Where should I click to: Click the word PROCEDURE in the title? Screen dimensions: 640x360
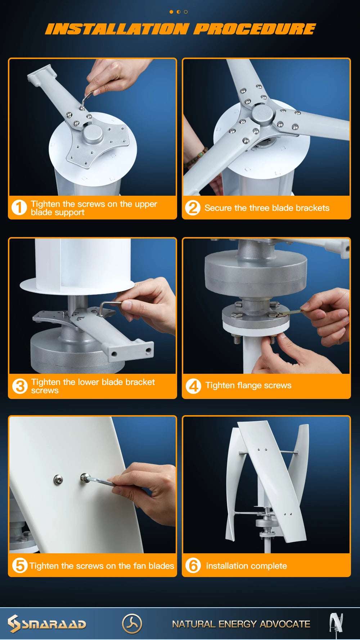255,29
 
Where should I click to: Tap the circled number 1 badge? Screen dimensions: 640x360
19,208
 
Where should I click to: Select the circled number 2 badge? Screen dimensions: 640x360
193,208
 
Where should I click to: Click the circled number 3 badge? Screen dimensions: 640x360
19,386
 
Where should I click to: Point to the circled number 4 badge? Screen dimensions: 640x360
193,386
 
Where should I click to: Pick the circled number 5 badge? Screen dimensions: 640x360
19,565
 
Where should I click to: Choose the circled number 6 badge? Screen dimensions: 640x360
193,565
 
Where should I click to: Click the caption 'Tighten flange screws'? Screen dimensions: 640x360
248,385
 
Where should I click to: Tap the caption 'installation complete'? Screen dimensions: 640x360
246,566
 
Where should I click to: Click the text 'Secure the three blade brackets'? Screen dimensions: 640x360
267,208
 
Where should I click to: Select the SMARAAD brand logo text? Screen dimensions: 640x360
54,624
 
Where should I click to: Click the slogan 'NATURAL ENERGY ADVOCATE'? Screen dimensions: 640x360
241,624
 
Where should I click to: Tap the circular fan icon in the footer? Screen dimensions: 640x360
132,623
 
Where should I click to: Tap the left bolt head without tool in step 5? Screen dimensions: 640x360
58,479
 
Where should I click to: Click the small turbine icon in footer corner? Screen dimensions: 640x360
336,623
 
